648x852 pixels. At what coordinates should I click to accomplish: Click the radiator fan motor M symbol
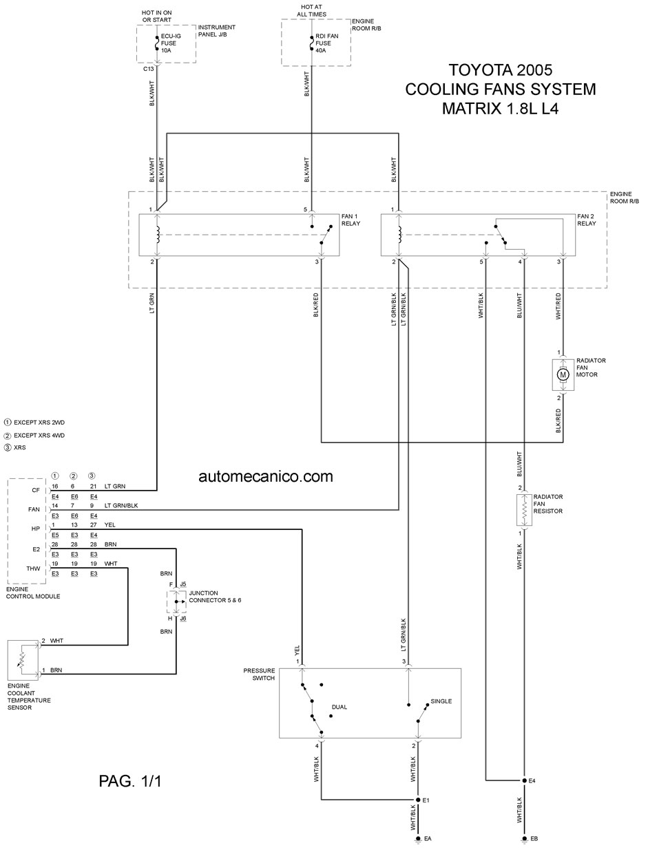click(x=563, y=374)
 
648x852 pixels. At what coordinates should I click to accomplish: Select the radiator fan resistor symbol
click(x=524, y=510)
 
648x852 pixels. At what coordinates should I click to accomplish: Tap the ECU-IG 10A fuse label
click(x=171, y=43)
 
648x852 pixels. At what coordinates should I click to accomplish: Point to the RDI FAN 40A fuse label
click(x=326, y=43)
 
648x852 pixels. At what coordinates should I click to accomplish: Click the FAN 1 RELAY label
click(x=351, y=220)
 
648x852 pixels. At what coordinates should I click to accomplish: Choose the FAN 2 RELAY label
click(x=586, y=220)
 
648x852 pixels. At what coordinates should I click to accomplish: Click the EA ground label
click(x=428, y=838)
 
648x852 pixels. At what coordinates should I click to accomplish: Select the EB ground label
click(x=534, y=838)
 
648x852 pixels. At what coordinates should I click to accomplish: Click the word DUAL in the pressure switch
click(x=339, y=707)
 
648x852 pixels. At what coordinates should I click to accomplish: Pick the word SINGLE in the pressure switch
click(x=441, y=701)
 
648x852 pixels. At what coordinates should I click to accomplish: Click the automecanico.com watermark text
click(x=266, y=476)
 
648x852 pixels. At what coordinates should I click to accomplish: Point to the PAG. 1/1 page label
click(x=130, y=781)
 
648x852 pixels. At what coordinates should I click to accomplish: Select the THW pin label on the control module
click(x=33, y=568)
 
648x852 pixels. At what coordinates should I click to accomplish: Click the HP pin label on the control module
click(x=35, y=529)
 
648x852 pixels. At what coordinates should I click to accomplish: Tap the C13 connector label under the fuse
click(x=148, y=69)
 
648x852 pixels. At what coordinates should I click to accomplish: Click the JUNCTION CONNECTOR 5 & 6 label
click(x=215, y=597)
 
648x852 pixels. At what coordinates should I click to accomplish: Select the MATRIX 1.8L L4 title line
click(x=500, y=108)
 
